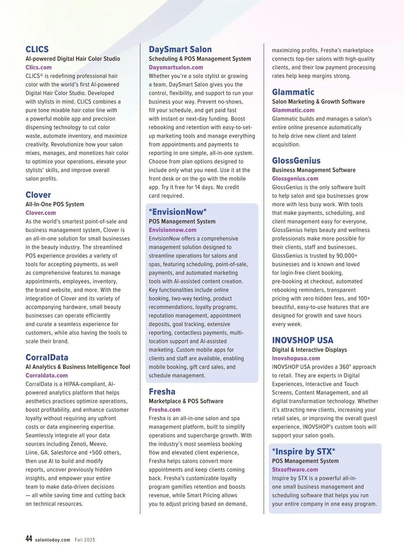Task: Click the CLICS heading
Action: [37, 50]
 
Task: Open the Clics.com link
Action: [39, 67]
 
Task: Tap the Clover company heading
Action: [38, 195]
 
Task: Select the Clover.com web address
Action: [41, 213]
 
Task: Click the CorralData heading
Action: [47, 358]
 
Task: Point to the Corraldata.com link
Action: [47, 375]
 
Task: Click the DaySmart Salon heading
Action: [180, 50]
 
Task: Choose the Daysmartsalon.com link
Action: [176, 67]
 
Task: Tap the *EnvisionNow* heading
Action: [178, 212]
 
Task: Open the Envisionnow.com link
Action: [172, 230]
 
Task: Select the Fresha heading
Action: [162, 392]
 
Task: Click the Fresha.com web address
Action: [165, 410]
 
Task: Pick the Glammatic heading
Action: [293, 92]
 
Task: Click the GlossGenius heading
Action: [296, 161]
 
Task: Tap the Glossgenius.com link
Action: [295, 179]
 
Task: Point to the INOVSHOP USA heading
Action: [302, 340]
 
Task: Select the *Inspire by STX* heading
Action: [303, 452]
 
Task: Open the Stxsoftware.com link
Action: [295, 470]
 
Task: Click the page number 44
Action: [29, 539]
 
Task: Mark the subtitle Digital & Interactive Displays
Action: [309, 350]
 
